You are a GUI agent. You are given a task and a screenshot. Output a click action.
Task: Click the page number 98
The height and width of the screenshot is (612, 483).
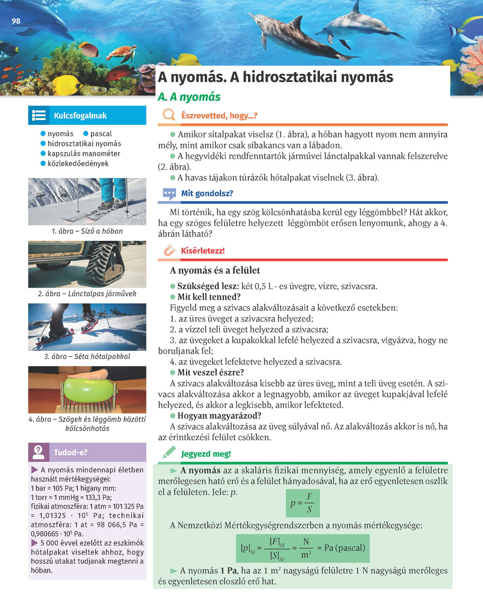point(16,21)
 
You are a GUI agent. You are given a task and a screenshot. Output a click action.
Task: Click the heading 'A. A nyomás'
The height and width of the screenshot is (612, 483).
point(189,97)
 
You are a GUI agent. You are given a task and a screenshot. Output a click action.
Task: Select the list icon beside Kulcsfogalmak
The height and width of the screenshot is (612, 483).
point(39,116)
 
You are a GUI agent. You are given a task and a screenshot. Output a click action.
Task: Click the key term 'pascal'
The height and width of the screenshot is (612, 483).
point(101,134)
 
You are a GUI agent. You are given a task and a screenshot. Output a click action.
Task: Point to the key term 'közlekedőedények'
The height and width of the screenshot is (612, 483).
point(78,164)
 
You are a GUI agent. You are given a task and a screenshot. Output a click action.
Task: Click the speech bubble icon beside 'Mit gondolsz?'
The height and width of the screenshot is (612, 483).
point(169,194)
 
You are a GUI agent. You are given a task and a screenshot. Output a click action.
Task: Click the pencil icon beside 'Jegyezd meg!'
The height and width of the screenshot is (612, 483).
point(169,453)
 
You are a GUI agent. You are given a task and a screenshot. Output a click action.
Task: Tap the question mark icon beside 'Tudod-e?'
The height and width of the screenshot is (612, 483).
point(39,452)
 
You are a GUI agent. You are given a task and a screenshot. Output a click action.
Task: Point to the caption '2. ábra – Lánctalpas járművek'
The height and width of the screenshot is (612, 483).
point(87,293)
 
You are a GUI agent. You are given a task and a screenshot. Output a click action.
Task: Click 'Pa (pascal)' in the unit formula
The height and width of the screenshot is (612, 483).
point(344,548)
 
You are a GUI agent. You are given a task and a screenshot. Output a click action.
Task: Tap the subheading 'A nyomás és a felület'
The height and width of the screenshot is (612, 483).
point(215,270)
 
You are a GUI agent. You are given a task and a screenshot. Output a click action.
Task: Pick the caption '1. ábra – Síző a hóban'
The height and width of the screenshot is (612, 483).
point(87,231)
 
